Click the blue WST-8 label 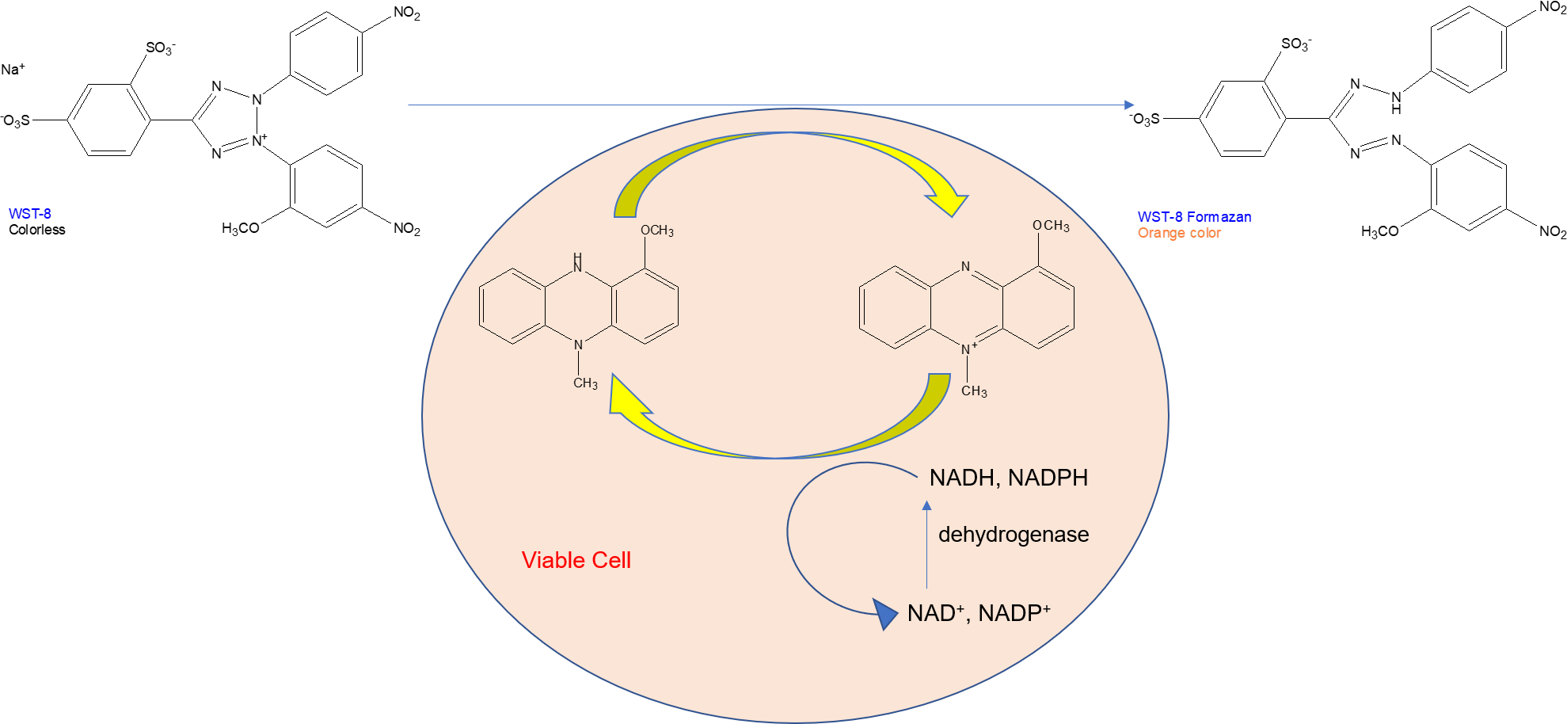(29, 214)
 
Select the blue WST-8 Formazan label (1194, 217)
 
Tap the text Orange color (1179, 233)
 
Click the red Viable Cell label (576, 560)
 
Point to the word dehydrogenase (1013, 535)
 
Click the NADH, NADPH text (1008, 478)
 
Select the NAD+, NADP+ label (978, 613)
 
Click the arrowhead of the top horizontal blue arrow (1129, 105)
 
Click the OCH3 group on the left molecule (656, 231)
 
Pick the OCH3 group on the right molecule (1050, 226)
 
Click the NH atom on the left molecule (577, 263)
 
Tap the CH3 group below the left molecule (585, 383)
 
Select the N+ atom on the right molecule (968, 349)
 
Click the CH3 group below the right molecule (973, 391)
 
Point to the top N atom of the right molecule (965, 267)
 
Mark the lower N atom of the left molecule (578, 345)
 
